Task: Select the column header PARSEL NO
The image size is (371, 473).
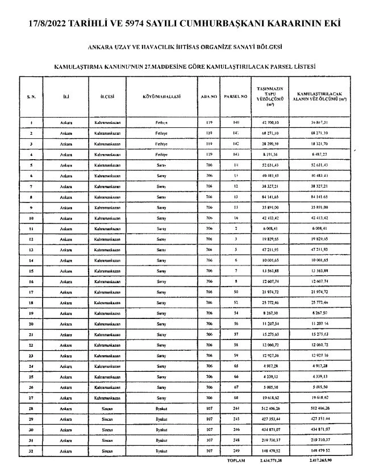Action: coord(236,97)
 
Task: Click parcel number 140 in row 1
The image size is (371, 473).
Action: coord(236,122)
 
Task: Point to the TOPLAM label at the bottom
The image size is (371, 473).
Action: coord(236,460)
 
